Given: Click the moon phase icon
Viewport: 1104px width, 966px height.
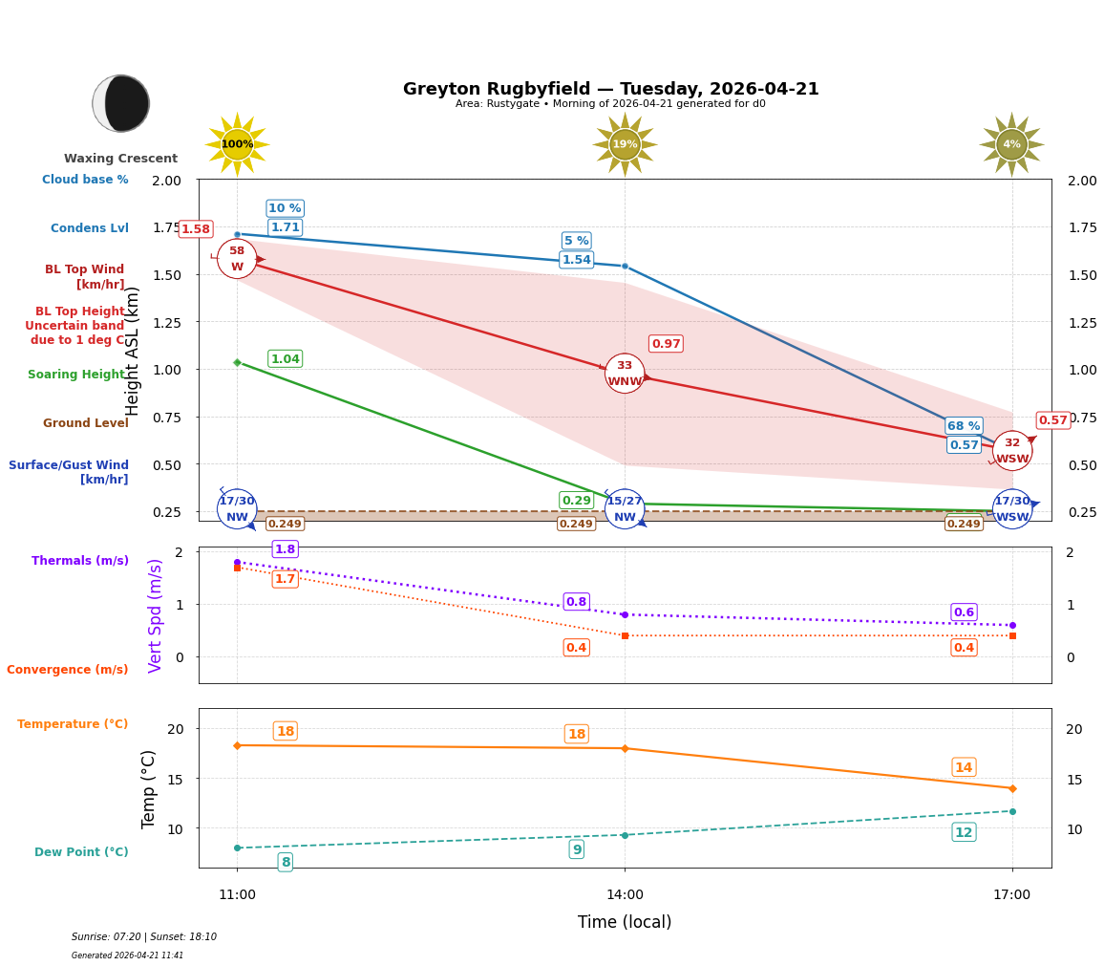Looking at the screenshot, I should click(x=121, y=103).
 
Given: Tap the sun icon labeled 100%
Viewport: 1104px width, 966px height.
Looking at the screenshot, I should click(x=237, y=144).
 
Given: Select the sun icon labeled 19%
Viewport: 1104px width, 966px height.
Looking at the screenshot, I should click(x=625, y=144).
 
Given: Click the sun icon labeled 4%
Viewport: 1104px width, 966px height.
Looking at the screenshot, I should click(x=1011, y=144).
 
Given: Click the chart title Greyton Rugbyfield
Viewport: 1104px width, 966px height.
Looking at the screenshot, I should click(x=610, y=89).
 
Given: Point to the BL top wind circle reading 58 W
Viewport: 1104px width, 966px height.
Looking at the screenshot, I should click(x=237, y=259).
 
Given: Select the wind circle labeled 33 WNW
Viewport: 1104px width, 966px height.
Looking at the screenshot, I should click(x=625, y=374).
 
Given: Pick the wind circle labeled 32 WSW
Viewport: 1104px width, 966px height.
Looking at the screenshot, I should click(x=1012, y=451).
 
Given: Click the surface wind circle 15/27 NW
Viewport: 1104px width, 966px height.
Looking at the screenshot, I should click(x=625, y=508).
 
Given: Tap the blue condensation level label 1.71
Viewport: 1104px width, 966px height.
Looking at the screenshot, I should click(x=285, y=227).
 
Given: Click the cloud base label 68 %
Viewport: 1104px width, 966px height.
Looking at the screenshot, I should click(x=964, y=426).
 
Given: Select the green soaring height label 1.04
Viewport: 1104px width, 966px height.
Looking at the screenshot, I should click(x=285, y=359).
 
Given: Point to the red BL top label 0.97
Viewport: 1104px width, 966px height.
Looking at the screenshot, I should click(x=666, y=344).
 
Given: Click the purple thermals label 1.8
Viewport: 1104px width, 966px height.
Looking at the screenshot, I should click(x=285, y=549).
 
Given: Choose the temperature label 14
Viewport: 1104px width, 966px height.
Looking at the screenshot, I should click(x=964, y=767).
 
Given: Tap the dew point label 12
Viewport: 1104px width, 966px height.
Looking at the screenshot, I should click(x=964, y=832).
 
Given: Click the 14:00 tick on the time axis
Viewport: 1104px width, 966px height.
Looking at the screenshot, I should click(x=625, y=895).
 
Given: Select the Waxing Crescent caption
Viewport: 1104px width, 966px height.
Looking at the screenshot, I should click(x=120, y=159).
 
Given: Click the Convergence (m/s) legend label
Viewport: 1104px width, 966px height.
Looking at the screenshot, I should click(x=68, y=670).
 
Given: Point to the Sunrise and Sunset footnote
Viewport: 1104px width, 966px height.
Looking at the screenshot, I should click(x=144, y=937).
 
